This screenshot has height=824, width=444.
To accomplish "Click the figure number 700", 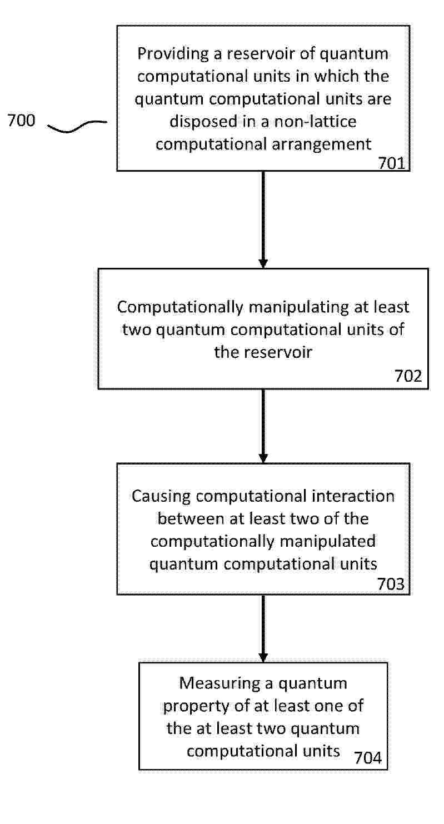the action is click(21, 120).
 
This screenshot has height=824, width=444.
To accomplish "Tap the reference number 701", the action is click(392, 163).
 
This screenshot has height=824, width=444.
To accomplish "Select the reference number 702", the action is click(408, 376).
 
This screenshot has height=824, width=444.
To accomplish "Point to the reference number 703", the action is click(391, 584).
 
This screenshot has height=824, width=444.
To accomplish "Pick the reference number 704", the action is click(368, 757).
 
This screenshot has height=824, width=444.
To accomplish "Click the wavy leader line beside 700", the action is click(77, 126).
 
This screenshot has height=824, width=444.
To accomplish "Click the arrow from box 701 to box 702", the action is click(263, 219).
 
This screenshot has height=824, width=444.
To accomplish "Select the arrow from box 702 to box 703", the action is click(263, 426).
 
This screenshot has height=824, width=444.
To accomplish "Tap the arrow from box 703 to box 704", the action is click(263, 628).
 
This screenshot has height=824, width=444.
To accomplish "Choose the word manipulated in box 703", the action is click(327, 542).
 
